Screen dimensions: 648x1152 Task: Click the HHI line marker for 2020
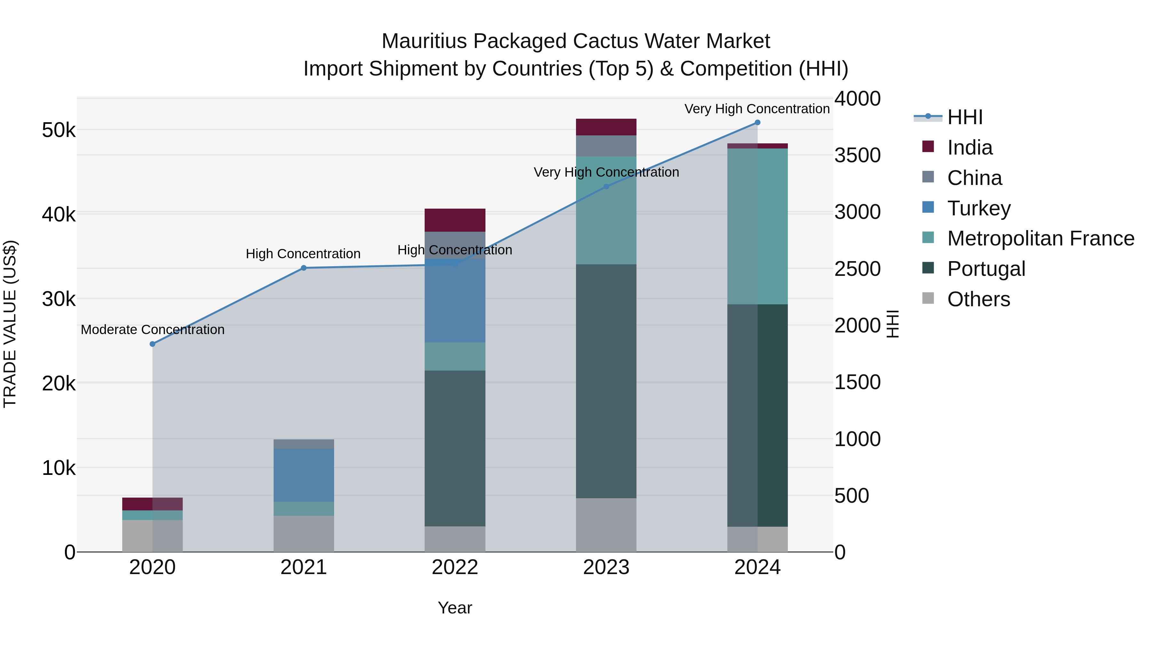(x=153, y=344)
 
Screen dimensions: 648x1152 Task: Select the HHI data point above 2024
(x=757, y=123)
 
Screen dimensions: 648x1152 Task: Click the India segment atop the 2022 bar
(x=455, y=220)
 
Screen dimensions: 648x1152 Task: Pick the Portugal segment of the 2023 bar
(x=606, y=381)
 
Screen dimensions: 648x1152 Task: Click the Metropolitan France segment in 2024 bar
(x=757, y=226)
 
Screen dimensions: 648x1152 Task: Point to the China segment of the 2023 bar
(x=606, y=146)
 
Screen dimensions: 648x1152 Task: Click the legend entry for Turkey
(x=978, y=208)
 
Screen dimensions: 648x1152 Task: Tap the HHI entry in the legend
(x=964, y=117)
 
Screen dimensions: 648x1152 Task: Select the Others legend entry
(x=978, y=299)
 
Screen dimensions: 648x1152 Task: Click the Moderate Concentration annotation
(x=153, y=330)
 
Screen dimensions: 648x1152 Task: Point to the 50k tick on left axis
(x=59, y=131)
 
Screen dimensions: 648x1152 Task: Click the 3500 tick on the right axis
(x=857, y=155)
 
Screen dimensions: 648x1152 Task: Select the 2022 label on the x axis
(x=455, y=567)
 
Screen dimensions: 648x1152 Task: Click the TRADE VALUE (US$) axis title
(x=10, y=324)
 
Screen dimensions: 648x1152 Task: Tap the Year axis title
(x=455, y=608)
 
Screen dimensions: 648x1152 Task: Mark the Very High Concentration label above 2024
(x=757, y=109)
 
